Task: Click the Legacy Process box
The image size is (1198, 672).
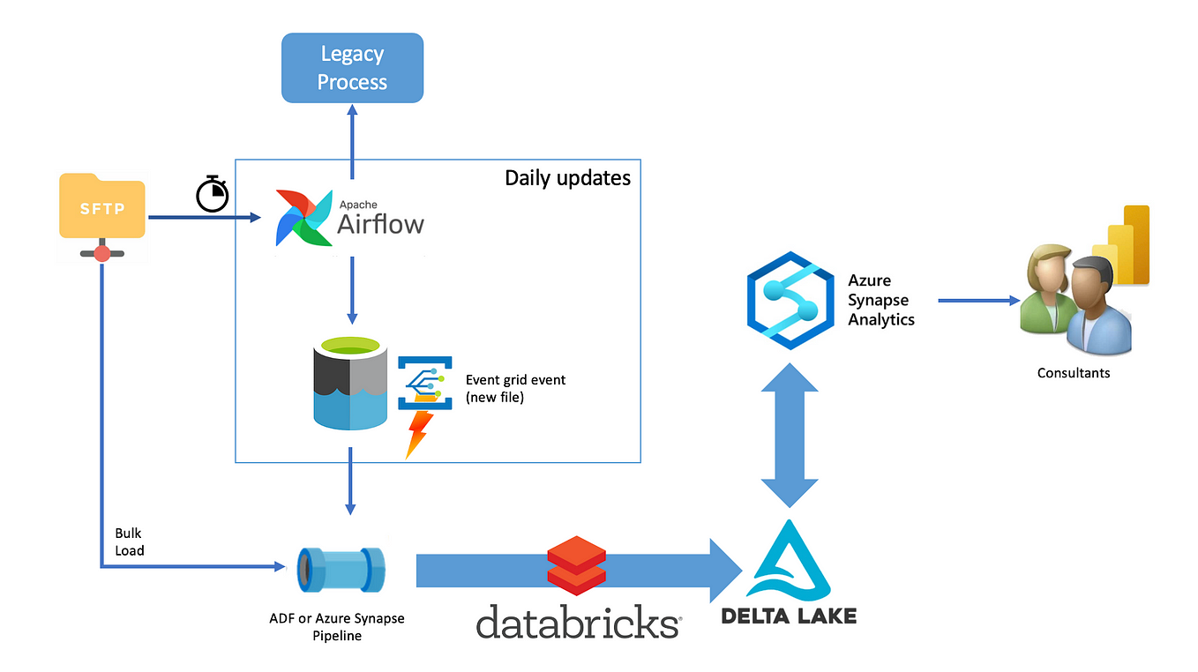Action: (x=353, y=68)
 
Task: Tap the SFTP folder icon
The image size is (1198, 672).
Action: (x=102, y=217)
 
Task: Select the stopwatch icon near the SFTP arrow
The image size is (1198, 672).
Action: (x=213, y=193)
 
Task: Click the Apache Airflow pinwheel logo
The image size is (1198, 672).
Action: (x=303, y=218)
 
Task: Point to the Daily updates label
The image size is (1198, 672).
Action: (x=567, y=178)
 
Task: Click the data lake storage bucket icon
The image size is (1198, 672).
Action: (x=350, y=383)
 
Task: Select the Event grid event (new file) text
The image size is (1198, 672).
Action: (x=515, y=388)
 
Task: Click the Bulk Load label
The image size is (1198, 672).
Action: (x=130, y=541)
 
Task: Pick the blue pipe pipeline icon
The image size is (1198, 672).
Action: (x=341, y=570)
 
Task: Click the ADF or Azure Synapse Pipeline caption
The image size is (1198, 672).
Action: (x=337, y=626)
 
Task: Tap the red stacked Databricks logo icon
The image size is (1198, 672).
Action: (x=577, y=565)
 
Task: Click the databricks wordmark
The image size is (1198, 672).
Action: (x=579, y=622)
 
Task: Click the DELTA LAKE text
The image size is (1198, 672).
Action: (x=789, y=616)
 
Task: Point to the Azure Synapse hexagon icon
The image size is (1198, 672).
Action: (x=790, y=301)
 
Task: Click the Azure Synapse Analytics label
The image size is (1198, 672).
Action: (x=880, y=300)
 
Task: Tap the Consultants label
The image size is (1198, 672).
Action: (x=1074, y=373)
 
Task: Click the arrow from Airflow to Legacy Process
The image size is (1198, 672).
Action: (x=352, y=142)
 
